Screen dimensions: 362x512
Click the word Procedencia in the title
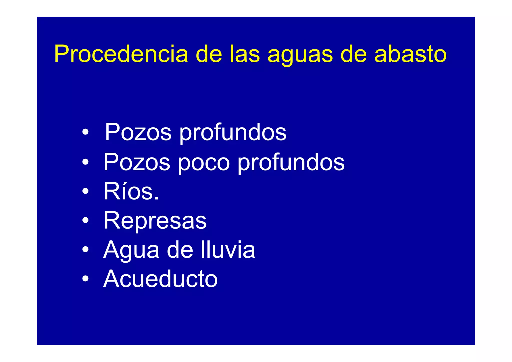121,54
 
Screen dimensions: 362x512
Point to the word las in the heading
245,54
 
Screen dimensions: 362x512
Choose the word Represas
155,221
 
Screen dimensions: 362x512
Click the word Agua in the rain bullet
131,250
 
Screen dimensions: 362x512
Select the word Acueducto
160,279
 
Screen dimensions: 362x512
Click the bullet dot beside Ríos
85,191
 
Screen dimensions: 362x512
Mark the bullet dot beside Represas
85,220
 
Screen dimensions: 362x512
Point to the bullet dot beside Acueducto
85,278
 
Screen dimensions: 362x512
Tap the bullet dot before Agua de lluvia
85,249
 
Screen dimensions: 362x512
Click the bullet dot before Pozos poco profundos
85,162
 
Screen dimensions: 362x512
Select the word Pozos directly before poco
137,162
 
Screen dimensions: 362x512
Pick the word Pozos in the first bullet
138,132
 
